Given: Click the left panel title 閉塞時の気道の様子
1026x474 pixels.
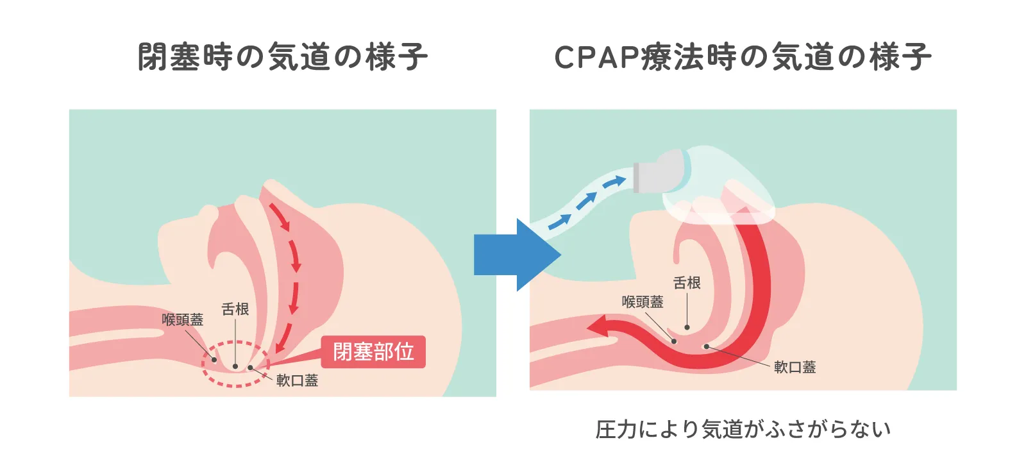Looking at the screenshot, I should [282, 56].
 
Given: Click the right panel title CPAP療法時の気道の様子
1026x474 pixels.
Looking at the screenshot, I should [743, 56].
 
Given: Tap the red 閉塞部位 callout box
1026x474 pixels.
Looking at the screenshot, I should [373, 351].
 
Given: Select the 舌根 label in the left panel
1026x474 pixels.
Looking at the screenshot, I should [235, 309].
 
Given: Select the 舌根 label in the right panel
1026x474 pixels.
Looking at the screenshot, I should [687, 283].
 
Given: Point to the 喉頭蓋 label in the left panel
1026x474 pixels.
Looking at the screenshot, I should [182, 319].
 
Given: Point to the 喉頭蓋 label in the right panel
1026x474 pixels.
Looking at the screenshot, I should [642, 301].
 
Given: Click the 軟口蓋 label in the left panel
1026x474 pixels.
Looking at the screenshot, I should [297, 380].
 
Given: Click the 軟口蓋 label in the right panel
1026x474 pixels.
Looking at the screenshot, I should [795, 367].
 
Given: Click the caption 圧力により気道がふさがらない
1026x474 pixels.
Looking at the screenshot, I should [743, 429].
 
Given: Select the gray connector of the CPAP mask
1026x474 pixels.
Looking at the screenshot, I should [648, 176].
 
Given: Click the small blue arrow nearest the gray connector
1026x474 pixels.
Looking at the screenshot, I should [614, 183].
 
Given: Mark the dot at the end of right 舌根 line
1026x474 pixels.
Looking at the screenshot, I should [687, 327].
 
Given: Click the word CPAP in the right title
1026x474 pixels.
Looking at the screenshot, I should [596, 57].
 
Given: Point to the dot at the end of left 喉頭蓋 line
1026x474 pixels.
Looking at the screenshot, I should [214, 359].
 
